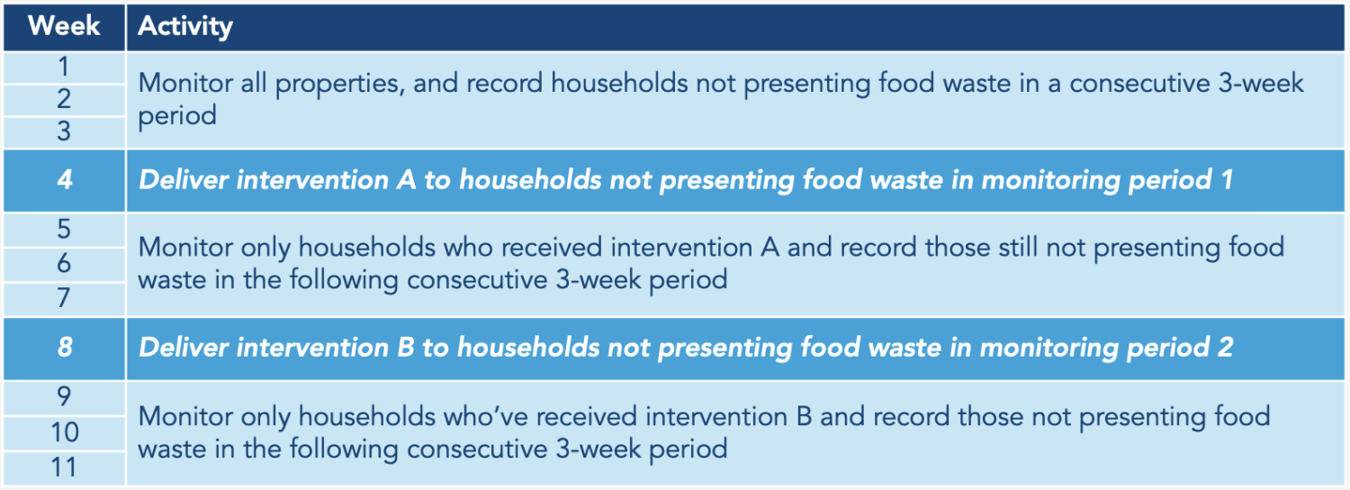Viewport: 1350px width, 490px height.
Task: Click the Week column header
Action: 64,26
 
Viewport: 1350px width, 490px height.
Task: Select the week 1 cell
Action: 64,67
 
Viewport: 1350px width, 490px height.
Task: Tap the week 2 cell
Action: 64,100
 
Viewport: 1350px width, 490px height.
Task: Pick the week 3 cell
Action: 64,132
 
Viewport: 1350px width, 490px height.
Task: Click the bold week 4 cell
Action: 64,180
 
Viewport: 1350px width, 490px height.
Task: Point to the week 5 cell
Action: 64,230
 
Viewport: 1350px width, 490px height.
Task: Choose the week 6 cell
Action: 64,264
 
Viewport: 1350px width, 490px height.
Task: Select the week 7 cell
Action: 64,298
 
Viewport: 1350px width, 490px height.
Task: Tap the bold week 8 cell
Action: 64,348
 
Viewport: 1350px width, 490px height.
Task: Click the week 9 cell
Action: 64,397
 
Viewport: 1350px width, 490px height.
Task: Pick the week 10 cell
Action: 64,432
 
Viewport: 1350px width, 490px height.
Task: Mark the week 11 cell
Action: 64,467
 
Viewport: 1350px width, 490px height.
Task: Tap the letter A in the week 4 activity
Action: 406,180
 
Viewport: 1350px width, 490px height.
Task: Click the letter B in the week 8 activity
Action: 406,348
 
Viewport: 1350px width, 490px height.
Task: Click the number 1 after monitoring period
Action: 1225,180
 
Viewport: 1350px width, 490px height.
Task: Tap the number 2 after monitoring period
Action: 1225,348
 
